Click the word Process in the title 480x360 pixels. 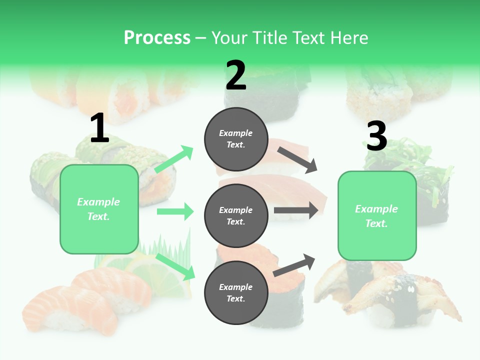(157, 38)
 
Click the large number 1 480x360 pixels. (99, 128)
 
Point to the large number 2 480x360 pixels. (236, 75)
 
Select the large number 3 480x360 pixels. (376, 136)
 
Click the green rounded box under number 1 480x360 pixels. (99, 209)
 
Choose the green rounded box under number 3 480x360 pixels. (377, 216)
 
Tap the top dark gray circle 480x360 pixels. (236, 139)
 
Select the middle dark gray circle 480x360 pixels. (236, 215)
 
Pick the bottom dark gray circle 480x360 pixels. (236, 292)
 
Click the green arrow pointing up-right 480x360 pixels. (174, 159)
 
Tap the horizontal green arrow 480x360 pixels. (175, 211)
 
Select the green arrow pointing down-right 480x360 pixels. (176, 266)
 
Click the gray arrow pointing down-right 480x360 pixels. (297, 159)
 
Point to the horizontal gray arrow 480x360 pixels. (295, 210)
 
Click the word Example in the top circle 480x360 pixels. (236, 133)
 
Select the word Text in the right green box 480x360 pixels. (376, 223)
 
